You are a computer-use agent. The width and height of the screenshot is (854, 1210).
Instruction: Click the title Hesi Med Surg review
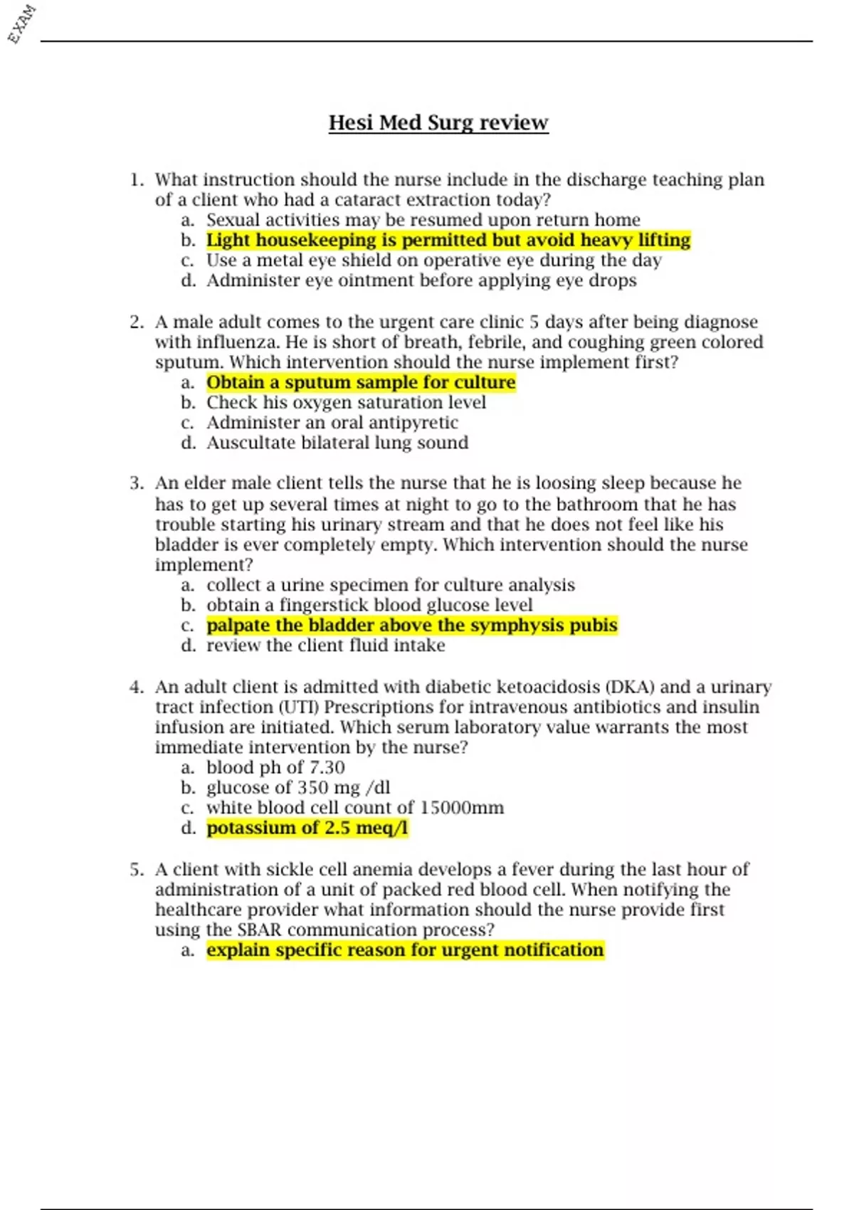[438, 122]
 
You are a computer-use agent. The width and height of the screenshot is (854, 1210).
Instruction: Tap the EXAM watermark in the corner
[21, 23]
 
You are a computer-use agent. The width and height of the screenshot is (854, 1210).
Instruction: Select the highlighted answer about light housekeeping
[448, 240]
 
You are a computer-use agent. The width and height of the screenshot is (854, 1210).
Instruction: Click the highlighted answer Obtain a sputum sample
[361, 382]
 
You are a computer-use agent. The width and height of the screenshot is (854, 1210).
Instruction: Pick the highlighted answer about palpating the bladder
[412, 625]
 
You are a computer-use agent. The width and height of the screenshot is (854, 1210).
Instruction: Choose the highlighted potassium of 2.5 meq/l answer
[307, 828]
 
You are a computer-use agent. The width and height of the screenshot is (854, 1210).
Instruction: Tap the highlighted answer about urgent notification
[405, 949]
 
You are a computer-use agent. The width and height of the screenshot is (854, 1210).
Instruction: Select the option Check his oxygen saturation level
[346, 402]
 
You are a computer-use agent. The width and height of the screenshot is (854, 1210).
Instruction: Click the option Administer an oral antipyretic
[332, 422]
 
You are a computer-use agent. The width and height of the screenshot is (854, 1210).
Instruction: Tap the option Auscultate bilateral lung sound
[337, 443]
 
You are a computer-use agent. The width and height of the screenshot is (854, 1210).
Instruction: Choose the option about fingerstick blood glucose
[369, 605]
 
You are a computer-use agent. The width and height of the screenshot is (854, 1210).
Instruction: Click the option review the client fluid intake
[326, 645]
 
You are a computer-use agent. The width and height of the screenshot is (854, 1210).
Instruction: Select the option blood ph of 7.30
[275, 767]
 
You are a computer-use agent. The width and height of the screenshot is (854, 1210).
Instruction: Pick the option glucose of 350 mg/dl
[298, 787]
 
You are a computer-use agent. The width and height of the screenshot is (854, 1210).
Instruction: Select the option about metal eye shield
[434, 261]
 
